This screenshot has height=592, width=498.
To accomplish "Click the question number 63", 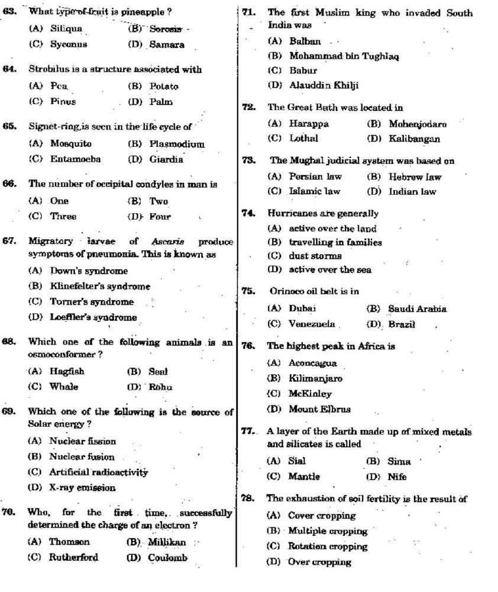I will click(x=8, y=11).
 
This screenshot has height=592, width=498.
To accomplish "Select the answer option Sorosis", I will click(x=165, y=28).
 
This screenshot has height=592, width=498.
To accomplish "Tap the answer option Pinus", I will click(x=63, y=102).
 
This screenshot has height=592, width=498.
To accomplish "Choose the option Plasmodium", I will click(x=176, y=144).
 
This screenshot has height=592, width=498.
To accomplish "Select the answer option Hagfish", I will click(x=67, y=372).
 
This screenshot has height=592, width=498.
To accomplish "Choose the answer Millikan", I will click(x=167, y=542).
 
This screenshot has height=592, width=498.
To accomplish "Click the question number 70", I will click(x=8, y=513).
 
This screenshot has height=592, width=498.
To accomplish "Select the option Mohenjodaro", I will click(x=417, y=124).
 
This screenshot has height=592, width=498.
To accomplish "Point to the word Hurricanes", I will click(x=290, y=213).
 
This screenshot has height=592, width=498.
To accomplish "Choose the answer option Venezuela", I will click(x=312, y=324).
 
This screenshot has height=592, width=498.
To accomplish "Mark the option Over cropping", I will click(x=319, y=562).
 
